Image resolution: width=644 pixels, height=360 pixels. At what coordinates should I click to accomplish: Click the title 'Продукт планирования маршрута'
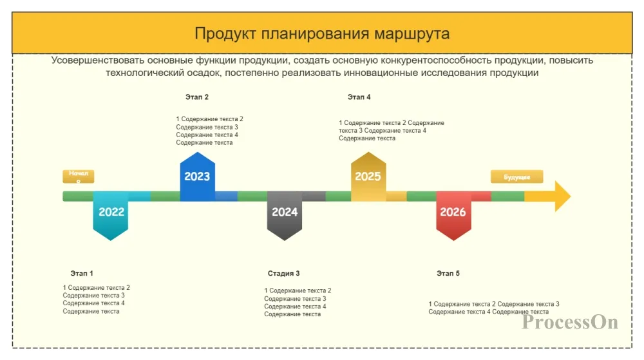[x=322, y=33]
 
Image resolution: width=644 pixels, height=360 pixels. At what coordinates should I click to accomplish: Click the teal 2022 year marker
[x=111, y=213]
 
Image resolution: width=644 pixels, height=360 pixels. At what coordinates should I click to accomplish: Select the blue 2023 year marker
[x=197, y=176]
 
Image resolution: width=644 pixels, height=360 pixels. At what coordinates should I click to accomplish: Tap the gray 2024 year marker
[x=285, y=213]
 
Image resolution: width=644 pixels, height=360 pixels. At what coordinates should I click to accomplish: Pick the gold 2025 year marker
[x=368, y=176]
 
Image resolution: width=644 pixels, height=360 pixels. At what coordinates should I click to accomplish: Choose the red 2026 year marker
[x=453, y=213]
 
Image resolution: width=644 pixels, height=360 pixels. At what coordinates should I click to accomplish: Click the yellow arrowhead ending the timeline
[x=558, y=196]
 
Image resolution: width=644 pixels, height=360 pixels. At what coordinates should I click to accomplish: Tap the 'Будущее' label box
[x=516, y=176]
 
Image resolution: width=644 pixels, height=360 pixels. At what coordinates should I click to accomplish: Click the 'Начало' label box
[x=79, y=176]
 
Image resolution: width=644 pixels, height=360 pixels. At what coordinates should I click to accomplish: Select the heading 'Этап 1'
[x=82, y=274]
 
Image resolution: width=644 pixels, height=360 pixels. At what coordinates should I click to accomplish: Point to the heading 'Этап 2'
[x=197, y=97]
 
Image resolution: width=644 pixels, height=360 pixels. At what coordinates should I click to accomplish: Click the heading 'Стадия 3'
[x=283, y=274]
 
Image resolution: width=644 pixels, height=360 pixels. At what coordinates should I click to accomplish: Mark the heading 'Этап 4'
[x=359, y=97]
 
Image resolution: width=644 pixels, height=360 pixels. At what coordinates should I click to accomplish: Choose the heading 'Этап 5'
[x=448, y=274]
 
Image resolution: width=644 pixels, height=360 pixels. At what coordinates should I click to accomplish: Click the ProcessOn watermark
[x=570, y=322]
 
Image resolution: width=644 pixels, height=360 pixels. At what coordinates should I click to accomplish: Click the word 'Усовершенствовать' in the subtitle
[x=97, y=61]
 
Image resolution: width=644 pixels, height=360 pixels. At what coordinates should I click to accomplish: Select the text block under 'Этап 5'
[x=493, y=308]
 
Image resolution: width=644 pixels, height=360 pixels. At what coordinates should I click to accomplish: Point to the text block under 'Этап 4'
[x=391, y=130]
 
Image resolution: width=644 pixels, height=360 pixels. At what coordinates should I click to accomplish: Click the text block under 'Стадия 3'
[x=298, y=303]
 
